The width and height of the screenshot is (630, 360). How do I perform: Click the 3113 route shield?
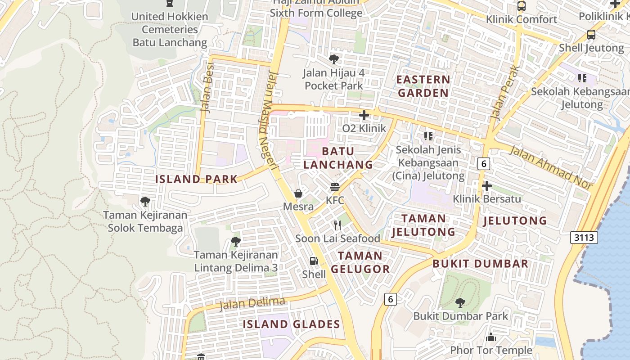pyautogui.click(x=584, y=237)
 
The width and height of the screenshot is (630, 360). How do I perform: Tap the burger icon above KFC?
pyautogui.click(x=334, y=187)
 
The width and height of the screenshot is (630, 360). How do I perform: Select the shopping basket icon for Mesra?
pyautogui.click(x=298, y=194)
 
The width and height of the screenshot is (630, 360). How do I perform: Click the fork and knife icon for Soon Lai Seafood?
pyautogui.click(x=337, y=225)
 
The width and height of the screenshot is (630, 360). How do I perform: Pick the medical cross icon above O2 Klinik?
pyautogui.click(x=364, y=115)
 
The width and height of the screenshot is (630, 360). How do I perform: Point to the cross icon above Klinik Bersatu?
pyautogui.click(x=486, y=185)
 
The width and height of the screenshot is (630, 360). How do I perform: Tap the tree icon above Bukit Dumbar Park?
pyautogui.click(x=460, y=302)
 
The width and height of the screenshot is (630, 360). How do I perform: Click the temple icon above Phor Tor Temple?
pyautogui.click(x=491, y=337)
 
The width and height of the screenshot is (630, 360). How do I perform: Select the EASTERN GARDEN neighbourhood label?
pyautogui.click(x=423, y=86)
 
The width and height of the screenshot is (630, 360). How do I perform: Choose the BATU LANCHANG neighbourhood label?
pyautogui.click(x=338, y=158)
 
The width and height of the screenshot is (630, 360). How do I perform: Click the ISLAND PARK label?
pyautogui.click(x=196, y=179)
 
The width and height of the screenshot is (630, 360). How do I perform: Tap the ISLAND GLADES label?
pyautogui.click(x=291, y=324)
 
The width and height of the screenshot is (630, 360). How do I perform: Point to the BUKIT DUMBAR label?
pyautogui.click(x=480, y=264)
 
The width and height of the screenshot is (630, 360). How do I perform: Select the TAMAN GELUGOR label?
pyautogui.click(x=360, y=262)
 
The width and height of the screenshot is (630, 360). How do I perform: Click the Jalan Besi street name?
pyautogui.click(x=207, y=88)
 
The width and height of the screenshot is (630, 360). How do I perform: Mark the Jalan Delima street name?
pyautogui.click(x=252, y=303)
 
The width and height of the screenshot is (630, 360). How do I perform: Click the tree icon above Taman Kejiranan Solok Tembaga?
pyautogui.click(x=145, y=201)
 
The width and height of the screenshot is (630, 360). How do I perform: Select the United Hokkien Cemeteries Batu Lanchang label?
pyautogui.click(x=170, y=30)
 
